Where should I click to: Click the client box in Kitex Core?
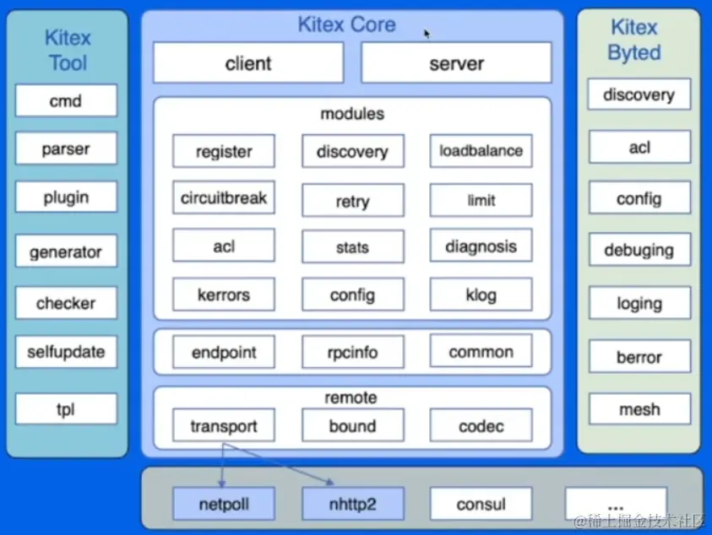tap(248, 63)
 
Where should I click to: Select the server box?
tap(456, 63)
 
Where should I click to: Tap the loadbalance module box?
tap(481, 152)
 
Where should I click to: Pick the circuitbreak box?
tap(224, 198)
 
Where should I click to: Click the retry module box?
tap(352, 202)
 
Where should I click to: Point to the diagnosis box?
tap(481, 246)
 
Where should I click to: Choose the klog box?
tap(481, 295)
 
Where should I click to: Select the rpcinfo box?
tap(352, 352)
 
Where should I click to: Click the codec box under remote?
tap(481, 426)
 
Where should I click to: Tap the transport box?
tap(224, 426)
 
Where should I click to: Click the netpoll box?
tap(224, 505)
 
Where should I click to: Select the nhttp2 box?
tap(352, 505)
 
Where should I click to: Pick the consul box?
tap(481, 505)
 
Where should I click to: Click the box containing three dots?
tap(616, 503)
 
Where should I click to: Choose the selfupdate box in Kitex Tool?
tap(65, 352)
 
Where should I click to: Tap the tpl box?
tap(65, 410)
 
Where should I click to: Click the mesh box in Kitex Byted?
tap(639, 410)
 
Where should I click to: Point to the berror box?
tap(639, 357)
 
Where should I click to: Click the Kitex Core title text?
tap(346, 24)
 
